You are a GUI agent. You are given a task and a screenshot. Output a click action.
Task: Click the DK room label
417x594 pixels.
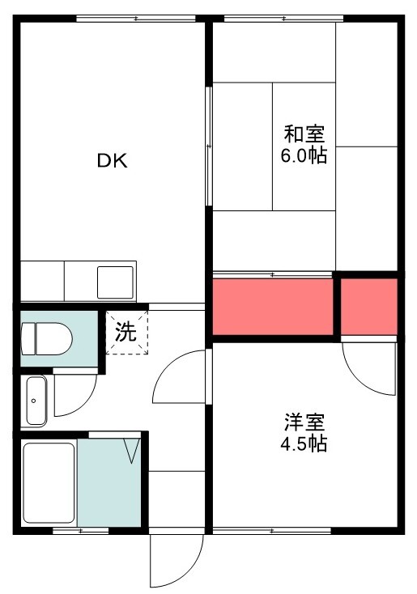tap(113, 161)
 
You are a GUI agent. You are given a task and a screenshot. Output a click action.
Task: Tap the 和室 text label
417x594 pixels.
tap(304, 134)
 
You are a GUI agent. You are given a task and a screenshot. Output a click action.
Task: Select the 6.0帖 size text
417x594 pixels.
tap(304, 155)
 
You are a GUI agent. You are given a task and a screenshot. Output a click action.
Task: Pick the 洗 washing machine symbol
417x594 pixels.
tap(126, 333)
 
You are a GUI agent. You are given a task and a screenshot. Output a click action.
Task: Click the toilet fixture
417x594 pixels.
tap(47, 338)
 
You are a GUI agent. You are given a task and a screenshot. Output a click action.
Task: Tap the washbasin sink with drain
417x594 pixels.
tap(36, 401)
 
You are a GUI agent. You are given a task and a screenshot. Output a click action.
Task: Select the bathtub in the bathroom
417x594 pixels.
tap(49, 483)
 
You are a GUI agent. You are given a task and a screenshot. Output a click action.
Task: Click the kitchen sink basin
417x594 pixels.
tap(115, 282)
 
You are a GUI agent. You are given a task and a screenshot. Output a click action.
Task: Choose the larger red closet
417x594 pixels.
tap(273, 307)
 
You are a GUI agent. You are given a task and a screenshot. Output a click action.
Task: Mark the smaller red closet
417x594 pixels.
tap(369, 307)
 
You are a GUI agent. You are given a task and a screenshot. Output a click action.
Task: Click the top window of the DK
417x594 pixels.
tap(136, 18)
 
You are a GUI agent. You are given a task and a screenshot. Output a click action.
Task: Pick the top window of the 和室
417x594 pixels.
tap(283, 18)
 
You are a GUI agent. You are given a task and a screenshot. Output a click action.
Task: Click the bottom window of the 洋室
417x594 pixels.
tap(272, 531)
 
